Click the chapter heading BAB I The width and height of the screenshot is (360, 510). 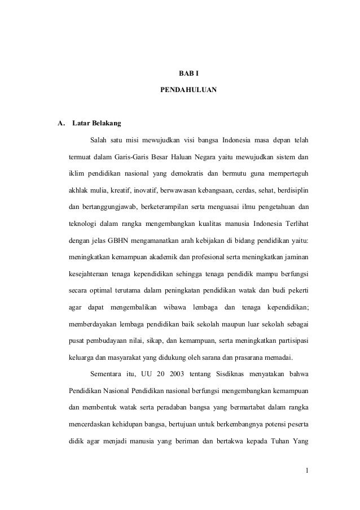click(188, 74)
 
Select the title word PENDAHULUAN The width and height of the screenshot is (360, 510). click(188, 90)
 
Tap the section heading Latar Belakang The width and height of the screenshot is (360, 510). click(96, 123)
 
